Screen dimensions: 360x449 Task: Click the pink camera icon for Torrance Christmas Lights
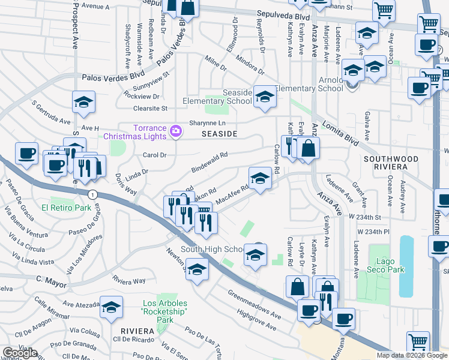[x=175, y=131]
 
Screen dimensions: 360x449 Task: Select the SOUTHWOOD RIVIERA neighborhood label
[x=390, y=163]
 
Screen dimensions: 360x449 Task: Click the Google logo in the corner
[x=20, y=353]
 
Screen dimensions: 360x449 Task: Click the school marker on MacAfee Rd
[x=259, y=179]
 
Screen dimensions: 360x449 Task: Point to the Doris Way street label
[x=126, y=184]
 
